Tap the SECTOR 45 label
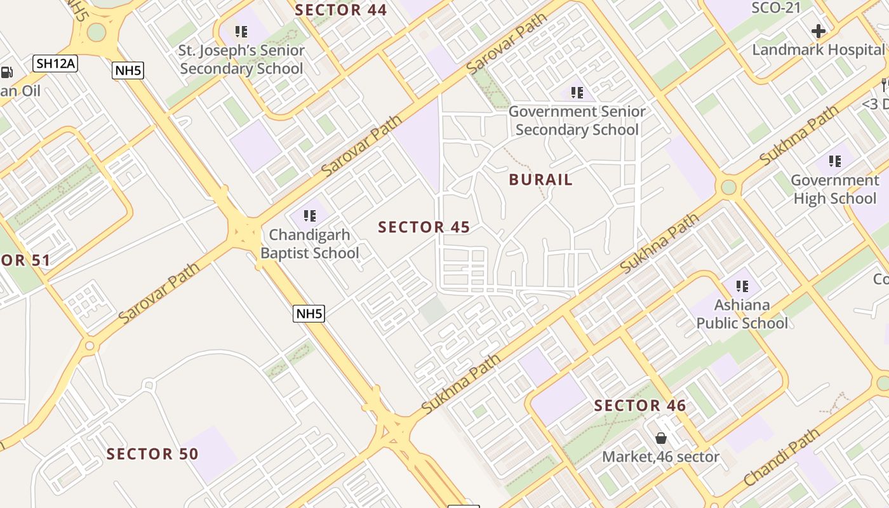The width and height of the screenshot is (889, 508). tap(424, 227)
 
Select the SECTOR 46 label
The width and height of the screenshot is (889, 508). tap(640, 406)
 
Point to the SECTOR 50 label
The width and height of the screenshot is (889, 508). tap(152, 454)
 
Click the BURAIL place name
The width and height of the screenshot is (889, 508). tap(541, 180)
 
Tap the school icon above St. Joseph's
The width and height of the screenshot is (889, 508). tap(241, 31)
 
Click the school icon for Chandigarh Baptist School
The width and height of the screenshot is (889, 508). tap(310, 216)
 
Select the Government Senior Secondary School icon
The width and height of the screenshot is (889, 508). tap(577, 93)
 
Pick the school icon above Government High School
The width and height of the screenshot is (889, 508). tap(834, 161)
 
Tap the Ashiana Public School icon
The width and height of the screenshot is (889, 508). tap(742, 286)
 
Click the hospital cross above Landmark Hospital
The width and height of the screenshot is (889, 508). tap(819, 30)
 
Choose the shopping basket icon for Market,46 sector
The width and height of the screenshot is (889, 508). tap(660, 438)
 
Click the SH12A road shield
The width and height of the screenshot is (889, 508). tap(55, 63)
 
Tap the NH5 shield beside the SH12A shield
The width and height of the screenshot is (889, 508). tap(128, 70)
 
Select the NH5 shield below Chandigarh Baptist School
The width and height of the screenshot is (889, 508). tap(309, 313)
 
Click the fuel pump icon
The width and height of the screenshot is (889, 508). tap(6, 72)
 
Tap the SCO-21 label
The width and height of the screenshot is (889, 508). tap(776, 8)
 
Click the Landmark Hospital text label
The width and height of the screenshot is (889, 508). tap(818, 50)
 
